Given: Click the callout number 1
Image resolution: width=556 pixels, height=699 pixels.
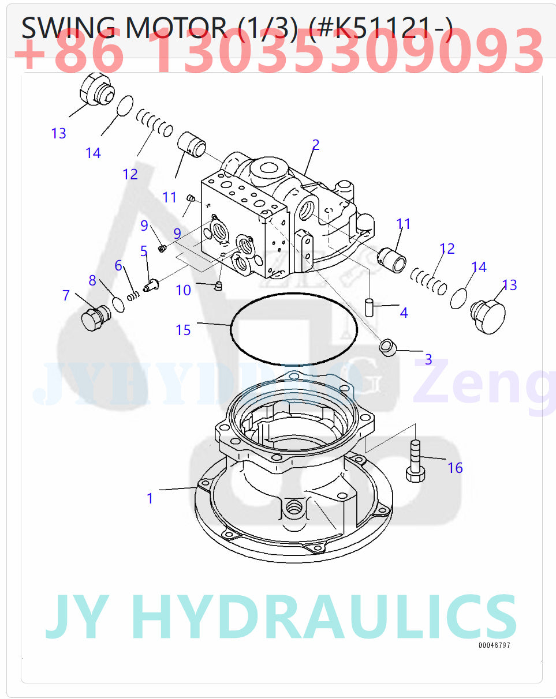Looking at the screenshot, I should click(x=150, y=498).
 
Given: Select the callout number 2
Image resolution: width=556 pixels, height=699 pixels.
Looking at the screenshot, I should click(x=315, y=145).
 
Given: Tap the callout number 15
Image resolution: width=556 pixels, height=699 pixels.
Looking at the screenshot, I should click(x=183, y=330).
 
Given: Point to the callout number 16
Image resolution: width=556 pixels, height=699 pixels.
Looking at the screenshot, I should click(x=455, y=468).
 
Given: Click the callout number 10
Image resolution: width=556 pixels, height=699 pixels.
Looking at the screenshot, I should click(x=183, y=290).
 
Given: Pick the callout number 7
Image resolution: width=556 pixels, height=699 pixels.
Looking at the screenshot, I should click(x=66, y=296).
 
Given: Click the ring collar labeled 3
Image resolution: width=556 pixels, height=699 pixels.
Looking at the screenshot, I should click(x=387, y=347).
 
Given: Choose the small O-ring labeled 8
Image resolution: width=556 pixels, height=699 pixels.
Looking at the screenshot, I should click(x=118, y=304).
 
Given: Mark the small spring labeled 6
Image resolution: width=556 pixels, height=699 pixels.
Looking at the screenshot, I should click(x=134, y=295).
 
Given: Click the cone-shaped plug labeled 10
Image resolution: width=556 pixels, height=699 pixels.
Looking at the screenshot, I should click(x=218, y=285).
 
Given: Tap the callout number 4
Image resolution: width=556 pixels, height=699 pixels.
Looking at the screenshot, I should click(x=404, y=313).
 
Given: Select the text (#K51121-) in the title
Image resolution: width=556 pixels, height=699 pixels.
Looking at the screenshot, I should click(x=380, y=28).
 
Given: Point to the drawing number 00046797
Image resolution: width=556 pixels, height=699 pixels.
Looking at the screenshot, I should click(x=494, y=645).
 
